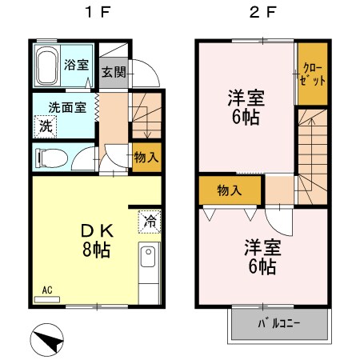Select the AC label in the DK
click(46, 290)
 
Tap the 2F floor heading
click(260, 14)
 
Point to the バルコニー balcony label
click(280, 325)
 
